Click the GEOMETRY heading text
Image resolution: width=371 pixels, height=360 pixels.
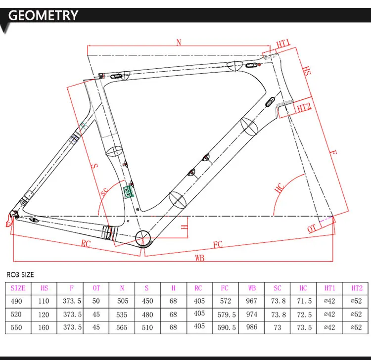tap(43, 15)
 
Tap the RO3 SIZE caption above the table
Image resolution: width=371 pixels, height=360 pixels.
tap(20, 274)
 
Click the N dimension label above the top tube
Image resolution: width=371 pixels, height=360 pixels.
tap(179, 43)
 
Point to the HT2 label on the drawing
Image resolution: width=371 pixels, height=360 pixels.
tap(304, 108)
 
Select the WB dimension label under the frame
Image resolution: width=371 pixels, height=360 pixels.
tap(200, 258)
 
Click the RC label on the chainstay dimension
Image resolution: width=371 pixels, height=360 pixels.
tap(86, 243)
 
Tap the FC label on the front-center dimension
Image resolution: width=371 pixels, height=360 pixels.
tap(218, 244)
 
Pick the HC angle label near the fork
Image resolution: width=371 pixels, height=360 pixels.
tap(279, 188)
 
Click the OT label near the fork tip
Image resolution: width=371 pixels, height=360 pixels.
tap(312, 228)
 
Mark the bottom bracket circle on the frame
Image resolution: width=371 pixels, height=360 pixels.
tap(143, 238)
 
